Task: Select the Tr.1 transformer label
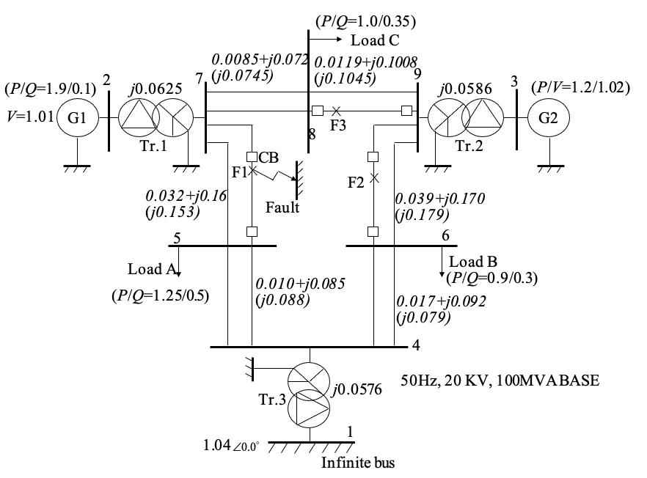150,146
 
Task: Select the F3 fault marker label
337,125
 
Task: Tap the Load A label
152,268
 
